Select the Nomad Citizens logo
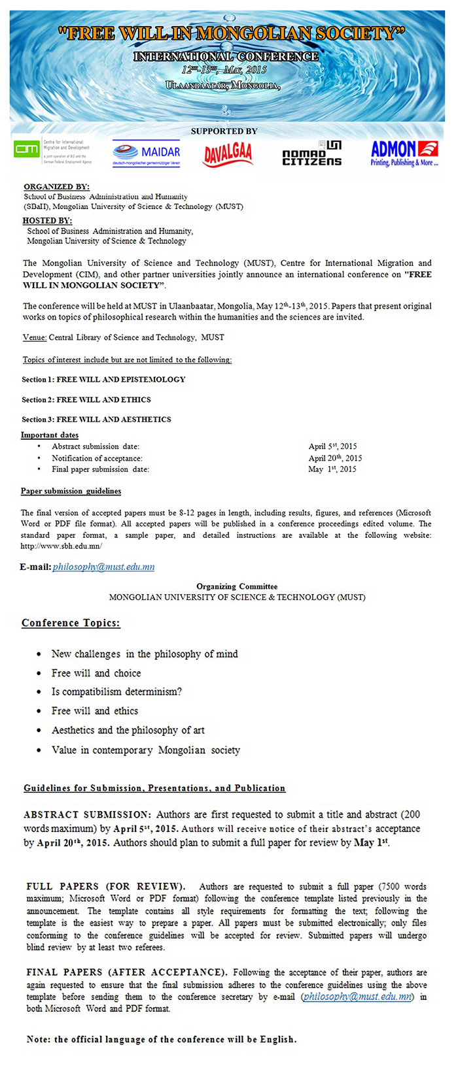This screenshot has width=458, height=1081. (312, 154)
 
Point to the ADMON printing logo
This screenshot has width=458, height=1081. (404, 154)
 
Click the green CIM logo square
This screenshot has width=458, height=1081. (27, 150)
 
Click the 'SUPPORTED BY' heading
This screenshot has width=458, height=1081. (224, 131)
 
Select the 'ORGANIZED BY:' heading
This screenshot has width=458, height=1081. (56, 187)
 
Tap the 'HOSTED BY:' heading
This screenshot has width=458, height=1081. (47, 221)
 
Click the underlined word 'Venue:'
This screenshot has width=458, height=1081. (35, 337)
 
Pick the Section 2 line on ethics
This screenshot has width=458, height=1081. (86, 399)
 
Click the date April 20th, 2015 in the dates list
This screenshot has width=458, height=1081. (335, 458)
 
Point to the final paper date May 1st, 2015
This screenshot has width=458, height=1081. (332, 469)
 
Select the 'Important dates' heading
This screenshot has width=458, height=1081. (50, 435)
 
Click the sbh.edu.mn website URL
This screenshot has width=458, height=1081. (62, 546)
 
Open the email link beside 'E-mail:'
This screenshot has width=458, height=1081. (103, 567)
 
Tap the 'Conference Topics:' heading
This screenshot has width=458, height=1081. (71, 623)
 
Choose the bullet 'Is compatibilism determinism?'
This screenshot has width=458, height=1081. (116, 691)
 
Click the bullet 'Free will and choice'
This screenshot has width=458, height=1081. (96, 673)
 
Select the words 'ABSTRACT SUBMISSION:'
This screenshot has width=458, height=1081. (86, 814)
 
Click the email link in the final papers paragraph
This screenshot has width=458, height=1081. (357, 997)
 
